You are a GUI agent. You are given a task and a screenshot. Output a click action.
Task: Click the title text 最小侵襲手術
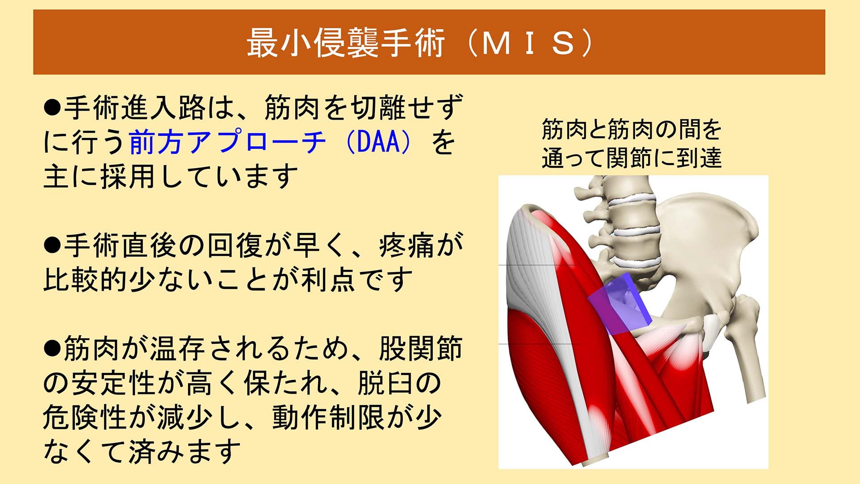(x=346, y=43)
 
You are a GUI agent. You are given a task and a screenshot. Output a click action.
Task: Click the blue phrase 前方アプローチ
(x=228, y=142)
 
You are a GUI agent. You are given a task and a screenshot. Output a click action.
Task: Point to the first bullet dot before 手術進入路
(x=52, y=108)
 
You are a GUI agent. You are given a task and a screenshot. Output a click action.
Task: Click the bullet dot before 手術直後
(x=52, y=246)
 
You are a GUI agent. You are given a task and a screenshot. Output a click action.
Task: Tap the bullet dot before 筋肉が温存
(x=52, y=348)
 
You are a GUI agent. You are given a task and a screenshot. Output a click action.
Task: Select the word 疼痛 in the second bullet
(x=407, y=246)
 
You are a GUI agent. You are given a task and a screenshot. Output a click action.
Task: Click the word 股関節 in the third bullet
(x=420, y=348)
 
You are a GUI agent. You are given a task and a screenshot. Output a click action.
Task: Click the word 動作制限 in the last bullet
(x=328, y=417)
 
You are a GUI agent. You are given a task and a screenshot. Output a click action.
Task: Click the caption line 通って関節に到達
(x=632, y=158)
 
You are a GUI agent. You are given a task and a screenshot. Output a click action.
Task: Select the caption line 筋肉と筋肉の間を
(x=632, y=130)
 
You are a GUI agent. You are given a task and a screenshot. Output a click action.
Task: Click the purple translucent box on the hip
(x=620, y=305)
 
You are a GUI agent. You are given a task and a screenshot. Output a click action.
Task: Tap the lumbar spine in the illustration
(x=632, y=224)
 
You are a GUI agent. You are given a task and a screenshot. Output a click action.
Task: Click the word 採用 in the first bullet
(x=128, y=177)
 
